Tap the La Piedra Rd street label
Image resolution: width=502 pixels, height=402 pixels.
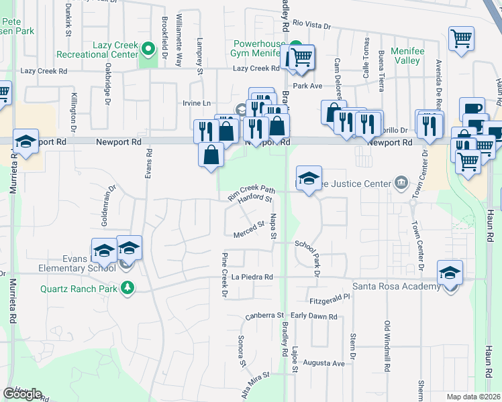(252, 277)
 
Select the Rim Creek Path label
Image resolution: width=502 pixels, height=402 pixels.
(252, 192)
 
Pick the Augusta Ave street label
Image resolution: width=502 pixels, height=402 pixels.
(324, 363)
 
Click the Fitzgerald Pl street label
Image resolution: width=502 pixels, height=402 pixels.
(330, 295)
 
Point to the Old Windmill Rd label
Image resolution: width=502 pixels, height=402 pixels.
(387, 346)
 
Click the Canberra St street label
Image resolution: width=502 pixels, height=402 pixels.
(264, 315)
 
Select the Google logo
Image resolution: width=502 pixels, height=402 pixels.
(22, 394)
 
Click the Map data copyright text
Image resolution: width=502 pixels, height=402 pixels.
(474, 397)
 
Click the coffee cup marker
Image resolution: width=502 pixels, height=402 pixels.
(473, 109)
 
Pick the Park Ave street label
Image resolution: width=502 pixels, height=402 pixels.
(307, 86)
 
